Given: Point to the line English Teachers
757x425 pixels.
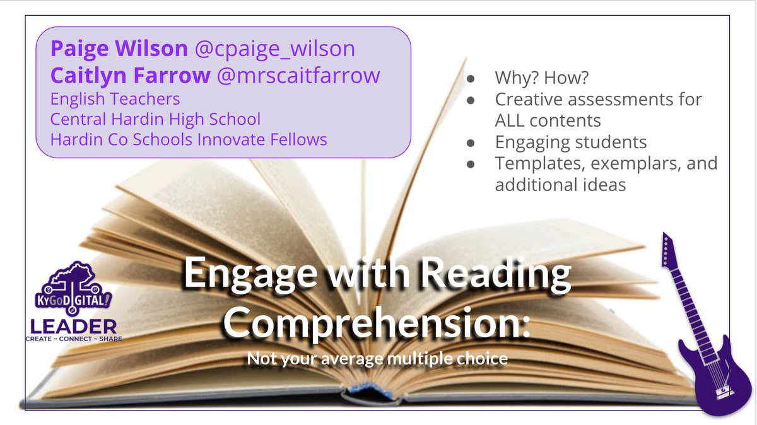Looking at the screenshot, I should coord(115,99).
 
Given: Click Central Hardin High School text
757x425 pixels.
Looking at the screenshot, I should coord(155,119).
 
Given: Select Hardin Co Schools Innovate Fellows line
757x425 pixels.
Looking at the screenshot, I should coord(189,139).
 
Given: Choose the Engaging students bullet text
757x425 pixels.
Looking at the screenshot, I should coord(571,142).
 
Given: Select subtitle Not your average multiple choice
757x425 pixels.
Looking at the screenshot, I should coord(377,359).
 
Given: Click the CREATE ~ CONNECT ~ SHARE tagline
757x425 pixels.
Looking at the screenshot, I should coord(73,339).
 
